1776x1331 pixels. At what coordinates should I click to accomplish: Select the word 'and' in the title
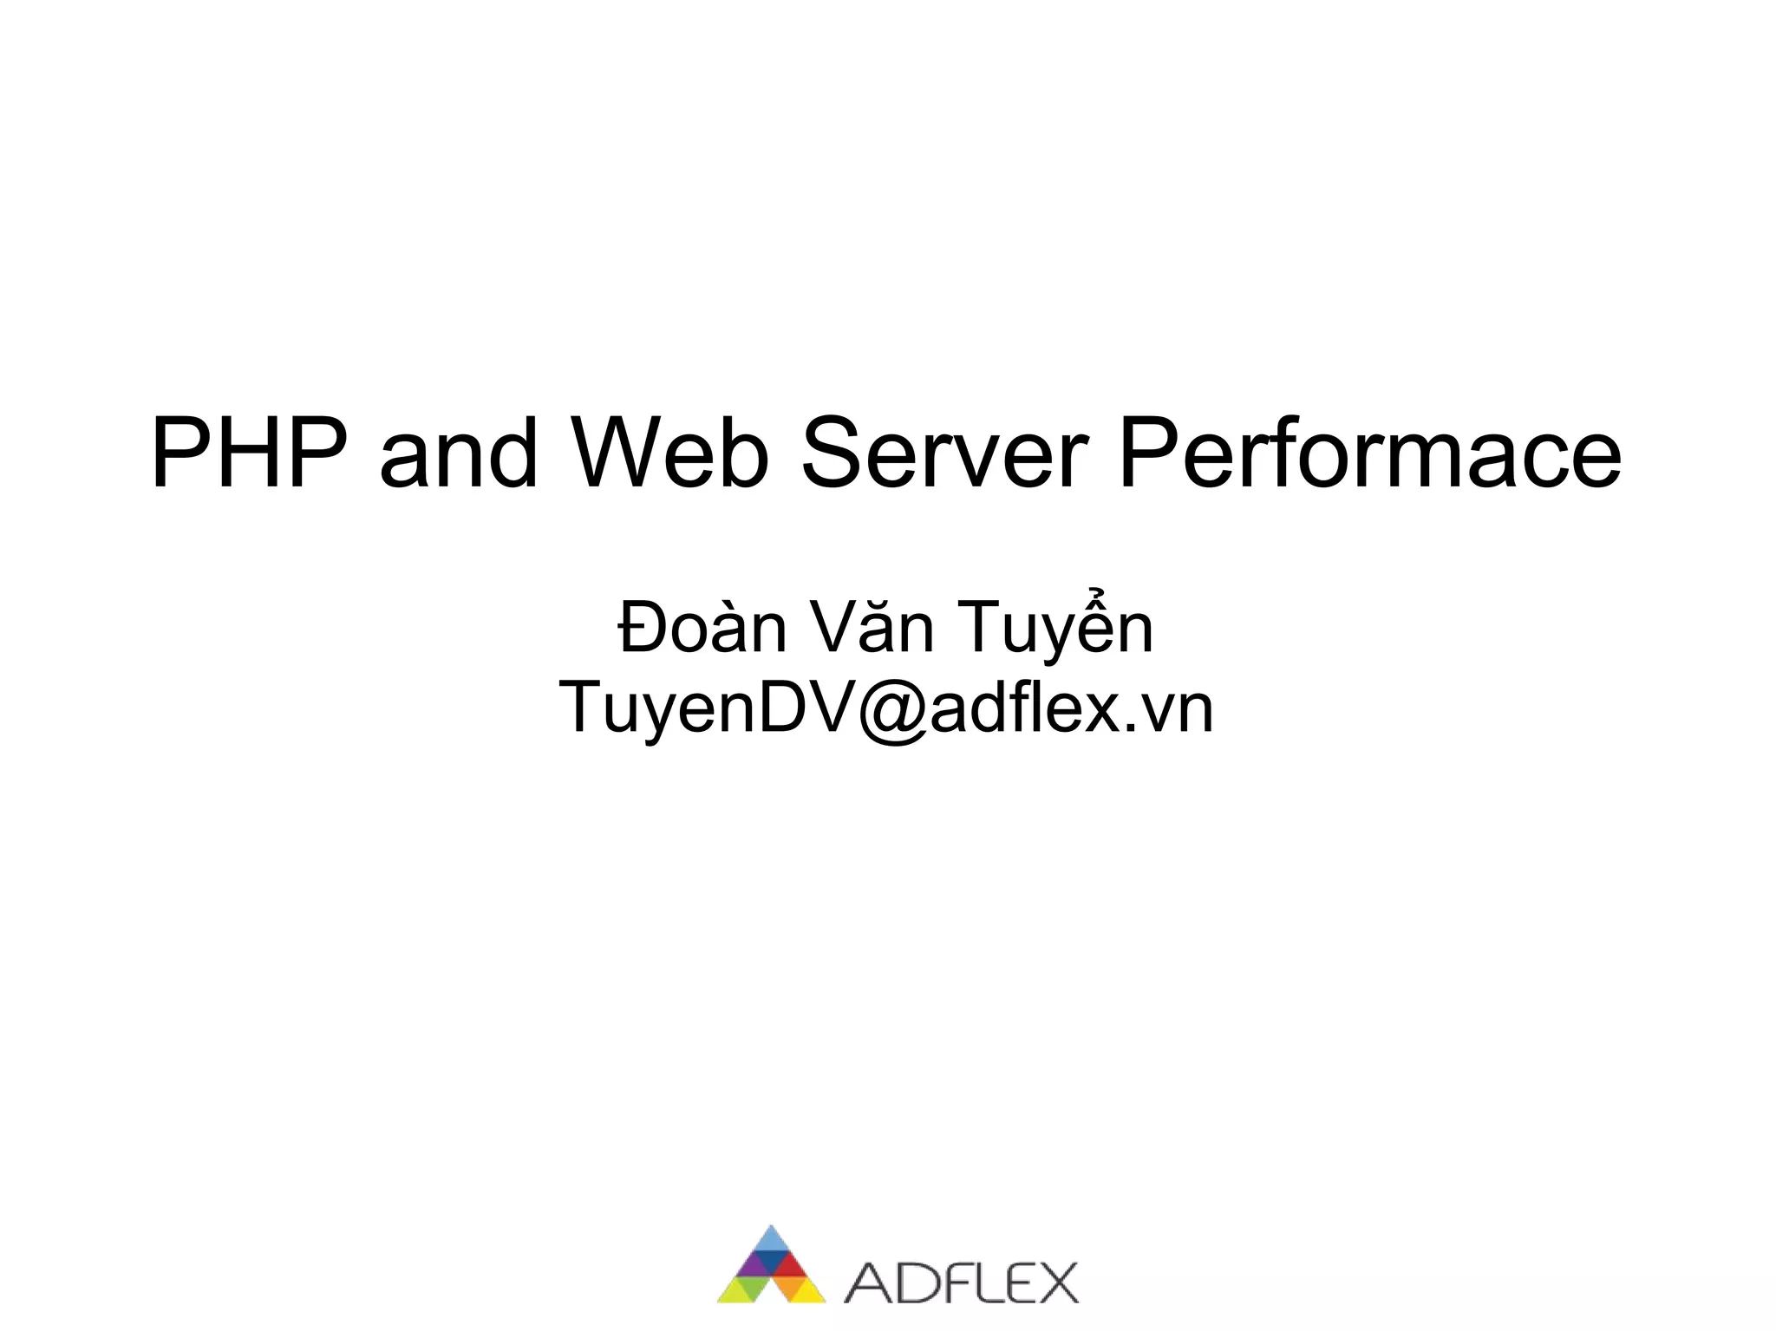(x=459, y=453)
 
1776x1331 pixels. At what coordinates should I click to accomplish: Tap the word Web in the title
(x=668, y=453)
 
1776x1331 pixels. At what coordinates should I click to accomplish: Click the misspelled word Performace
(x=1370, y=453)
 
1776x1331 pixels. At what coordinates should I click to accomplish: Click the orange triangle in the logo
(x=789, y=1287)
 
